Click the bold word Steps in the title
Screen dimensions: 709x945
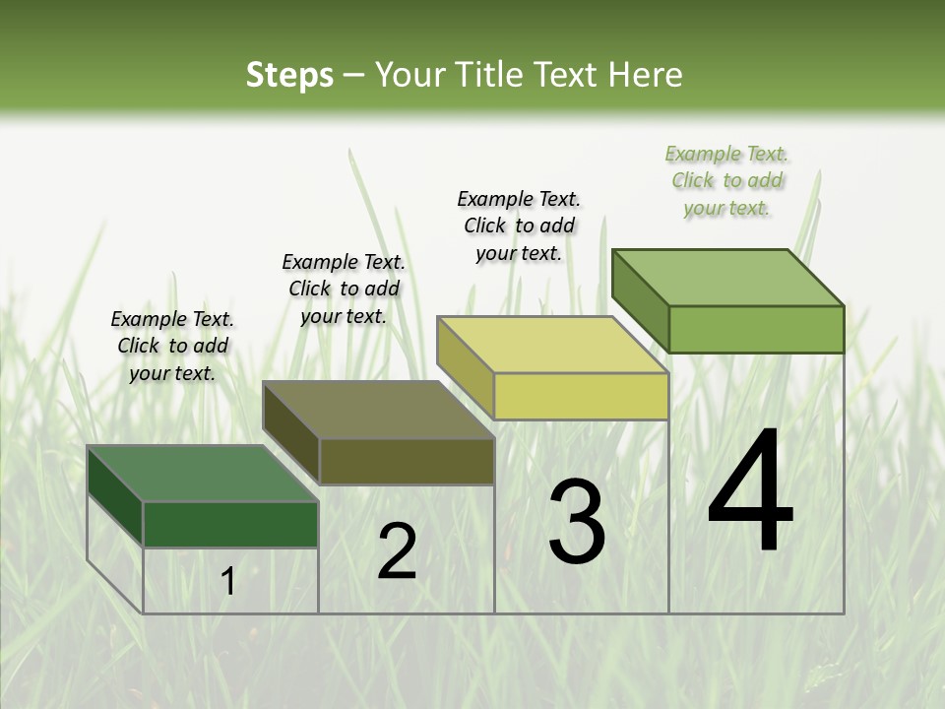point(289,75)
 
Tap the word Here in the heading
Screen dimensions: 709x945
point(646,75)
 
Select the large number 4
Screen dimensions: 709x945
point(750,492)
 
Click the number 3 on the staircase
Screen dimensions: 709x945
point(576,522)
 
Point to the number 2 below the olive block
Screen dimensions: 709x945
point(397,551)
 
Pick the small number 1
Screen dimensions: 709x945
point(228,582)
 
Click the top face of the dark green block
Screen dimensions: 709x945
point(202,474)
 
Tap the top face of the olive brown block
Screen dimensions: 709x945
point(378,410)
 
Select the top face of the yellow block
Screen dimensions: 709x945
point(552,345)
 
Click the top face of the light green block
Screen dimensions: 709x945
point(727,277)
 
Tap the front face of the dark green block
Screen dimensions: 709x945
point(230,524)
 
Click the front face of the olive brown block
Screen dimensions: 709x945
point(407,461)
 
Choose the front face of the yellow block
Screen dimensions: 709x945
point(581,396)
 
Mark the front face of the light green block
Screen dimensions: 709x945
point(756,329)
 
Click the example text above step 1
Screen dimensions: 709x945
point(172,346)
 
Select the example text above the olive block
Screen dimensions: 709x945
point(344,289)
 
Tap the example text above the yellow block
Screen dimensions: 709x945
point(519,226)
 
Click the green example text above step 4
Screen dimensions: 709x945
point(726,180)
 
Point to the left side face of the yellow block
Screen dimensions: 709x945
point(465,368)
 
